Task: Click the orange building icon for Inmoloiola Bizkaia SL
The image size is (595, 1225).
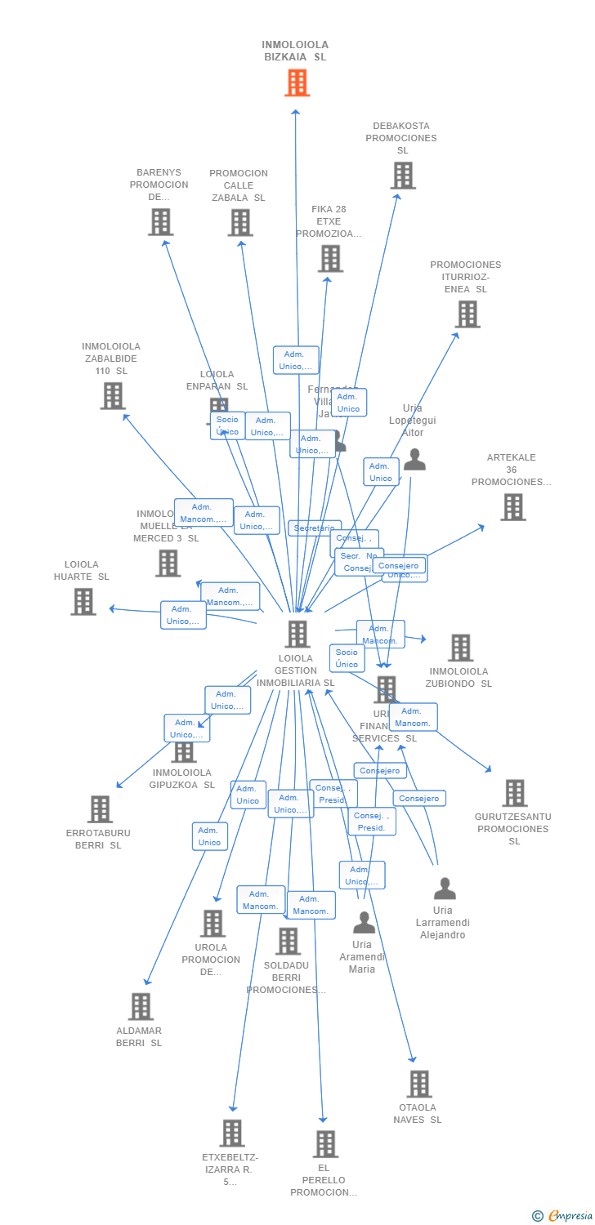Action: [x=297, y=82]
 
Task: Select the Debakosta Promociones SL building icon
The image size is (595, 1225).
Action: [x=402, y=175]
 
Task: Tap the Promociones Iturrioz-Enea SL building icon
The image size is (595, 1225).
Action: [x=467, y=314]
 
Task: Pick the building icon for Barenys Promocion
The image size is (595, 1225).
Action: [x=161, y=221]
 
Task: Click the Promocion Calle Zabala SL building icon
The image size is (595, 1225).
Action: [x=239, y=222]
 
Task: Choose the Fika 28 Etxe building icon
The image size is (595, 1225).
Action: [x=330, y=258]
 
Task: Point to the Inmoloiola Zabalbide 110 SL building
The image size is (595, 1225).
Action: [x=112, y=395]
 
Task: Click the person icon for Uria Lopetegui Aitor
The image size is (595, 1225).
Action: [x=414, y=460]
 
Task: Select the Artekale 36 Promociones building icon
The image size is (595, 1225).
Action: [x=512, y=506]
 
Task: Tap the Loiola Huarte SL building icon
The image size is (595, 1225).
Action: [x=83, y=601]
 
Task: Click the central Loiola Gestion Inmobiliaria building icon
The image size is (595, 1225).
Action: [x=297, y=634]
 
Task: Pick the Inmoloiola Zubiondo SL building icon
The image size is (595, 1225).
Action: [x=460, y=648]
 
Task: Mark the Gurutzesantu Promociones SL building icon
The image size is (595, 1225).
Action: [x=514, y=792]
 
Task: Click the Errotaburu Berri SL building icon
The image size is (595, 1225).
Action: [x=99, y=808]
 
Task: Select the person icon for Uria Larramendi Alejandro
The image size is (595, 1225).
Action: [x=444, y=889]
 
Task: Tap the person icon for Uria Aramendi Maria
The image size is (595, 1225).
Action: [x=364, y=923]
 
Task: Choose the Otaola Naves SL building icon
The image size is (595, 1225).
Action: [x=418, y=1084]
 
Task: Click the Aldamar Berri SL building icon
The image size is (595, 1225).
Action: [x=141, y=1006]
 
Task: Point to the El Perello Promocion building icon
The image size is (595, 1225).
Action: [x=325, y=1143]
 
